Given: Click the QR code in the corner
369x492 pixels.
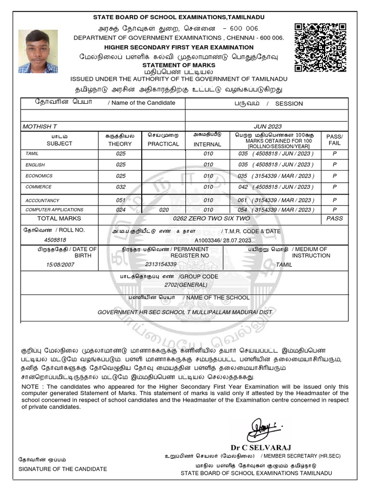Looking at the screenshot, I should tap(320, 48).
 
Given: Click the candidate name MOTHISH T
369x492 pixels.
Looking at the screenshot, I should tap(40, 126).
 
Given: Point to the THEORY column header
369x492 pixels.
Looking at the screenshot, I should tap(120, 144).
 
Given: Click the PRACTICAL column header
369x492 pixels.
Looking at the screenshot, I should tap(163, 144).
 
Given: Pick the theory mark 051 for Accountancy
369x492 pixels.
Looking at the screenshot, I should tap(121, 200).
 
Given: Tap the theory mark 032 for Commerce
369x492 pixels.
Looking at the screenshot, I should tap(121, 187).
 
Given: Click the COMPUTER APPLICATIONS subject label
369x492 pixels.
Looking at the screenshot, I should tap(54, 210).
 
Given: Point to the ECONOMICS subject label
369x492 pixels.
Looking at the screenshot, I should tap(38, 176).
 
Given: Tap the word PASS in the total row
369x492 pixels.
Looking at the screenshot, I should tap(334, 219).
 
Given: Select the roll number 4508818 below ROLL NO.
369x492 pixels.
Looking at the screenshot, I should tap(55, 239).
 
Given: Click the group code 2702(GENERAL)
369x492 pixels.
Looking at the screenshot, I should tap(185, 285).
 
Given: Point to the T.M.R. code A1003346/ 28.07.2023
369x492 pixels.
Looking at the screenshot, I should tap(222, 239).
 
